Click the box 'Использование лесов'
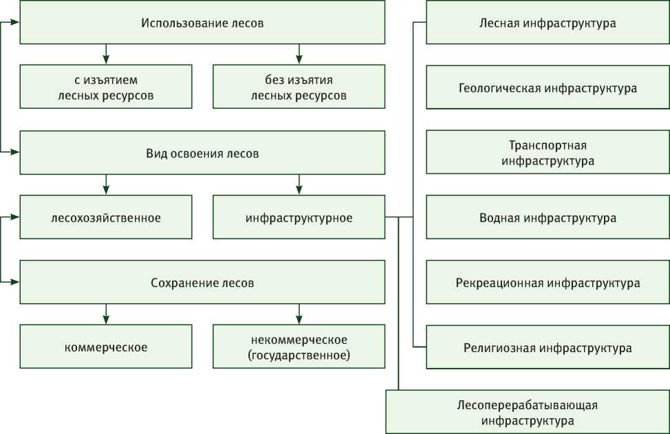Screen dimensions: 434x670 (202, 23)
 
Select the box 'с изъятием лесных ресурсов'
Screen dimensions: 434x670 (106, 87)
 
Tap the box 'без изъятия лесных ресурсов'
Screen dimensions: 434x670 (299, 87)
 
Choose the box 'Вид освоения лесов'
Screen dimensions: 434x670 (202, 153)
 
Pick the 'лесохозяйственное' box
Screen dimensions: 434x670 (106, 218)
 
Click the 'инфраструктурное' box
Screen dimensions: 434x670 (299, 218)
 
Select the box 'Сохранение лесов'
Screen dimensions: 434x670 (202, 283)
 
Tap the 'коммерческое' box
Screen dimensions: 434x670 (106, 347)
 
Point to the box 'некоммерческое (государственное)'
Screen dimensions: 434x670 (299, 347)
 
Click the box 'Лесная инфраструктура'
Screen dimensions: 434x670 (548, 23)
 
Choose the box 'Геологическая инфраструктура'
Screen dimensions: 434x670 (548, 88)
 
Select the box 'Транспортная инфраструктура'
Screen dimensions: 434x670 (548, 153)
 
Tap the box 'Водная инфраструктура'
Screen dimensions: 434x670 (548, 218)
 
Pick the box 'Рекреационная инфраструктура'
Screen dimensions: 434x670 (548, 283)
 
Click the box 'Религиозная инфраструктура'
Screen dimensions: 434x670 (548, 347)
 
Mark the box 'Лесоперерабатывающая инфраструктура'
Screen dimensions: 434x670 (528, 412)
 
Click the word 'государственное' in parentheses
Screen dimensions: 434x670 (299, 356)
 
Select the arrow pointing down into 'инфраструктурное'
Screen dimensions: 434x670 (299, 184)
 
